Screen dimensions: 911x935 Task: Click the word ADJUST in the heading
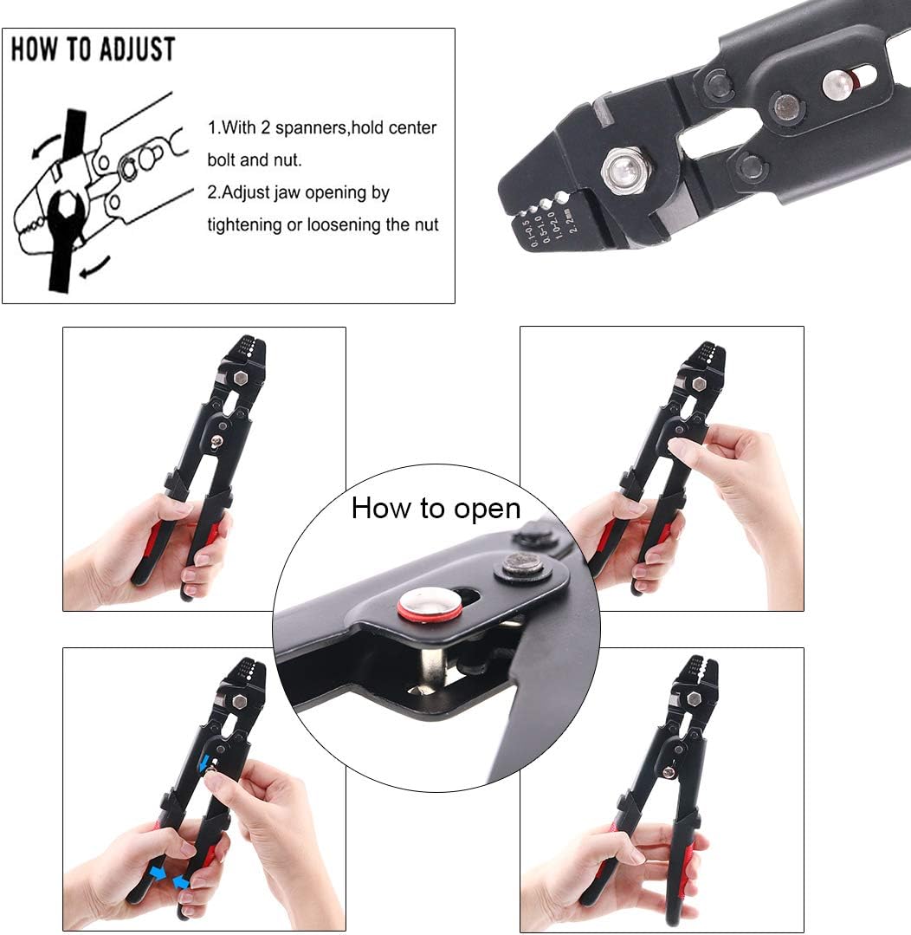137,49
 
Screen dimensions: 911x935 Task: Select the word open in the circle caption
487,510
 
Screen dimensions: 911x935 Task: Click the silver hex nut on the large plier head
623,171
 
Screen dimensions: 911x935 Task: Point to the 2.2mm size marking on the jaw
570,220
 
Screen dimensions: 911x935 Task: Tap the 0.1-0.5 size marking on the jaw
527,232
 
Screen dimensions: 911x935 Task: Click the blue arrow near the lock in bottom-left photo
204,762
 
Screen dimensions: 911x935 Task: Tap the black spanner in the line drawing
68,203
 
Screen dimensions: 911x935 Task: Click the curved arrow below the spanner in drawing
95,267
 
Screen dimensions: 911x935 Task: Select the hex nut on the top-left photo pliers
240,378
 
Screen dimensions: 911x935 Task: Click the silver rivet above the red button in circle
522,564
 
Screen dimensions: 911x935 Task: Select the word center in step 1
413,128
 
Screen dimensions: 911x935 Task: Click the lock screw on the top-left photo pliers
217,441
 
